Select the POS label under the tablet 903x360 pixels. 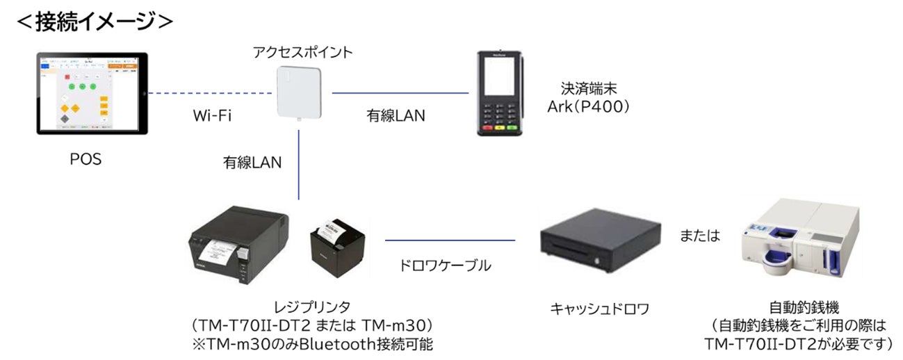[x=86, y=159]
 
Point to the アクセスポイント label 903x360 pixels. [x=302, y=52]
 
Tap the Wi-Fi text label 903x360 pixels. [x=213, y=115]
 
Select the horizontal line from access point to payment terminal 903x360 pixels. [x=400, y=92]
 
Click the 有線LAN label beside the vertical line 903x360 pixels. [x=252, y=162]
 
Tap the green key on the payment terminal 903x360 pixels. [x=512, y=128]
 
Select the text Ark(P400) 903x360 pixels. [x=590, y=108]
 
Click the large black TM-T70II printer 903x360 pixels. [x=240, y=247]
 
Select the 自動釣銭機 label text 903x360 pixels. [x=797, y=306]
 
